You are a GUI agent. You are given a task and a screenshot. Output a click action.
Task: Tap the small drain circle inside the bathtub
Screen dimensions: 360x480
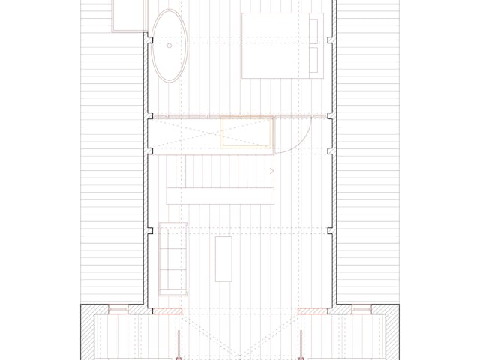point(169,46)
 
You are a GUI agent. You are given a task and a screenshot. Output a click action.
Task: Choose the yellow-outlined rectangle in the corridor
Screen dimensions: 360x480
point(246,133)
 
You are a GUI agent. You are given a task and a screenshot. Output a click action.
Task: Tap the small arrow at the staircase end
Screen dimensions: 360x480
point(271,172)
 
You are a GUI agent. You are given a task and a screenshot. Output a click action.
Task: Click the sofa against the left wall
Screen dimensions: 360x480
point(172,257)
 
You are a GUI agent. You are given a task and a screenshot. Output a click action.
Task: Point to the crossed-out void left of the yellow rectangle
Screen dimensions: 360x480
point(184,133)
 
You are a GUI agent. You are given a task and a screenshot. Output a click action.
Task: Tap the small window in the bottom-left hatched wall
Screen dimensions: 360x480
point(118,308)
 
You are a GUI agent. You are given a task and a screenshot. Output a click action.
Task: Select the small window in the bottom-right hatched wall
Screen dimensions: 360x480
point(361,308)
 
